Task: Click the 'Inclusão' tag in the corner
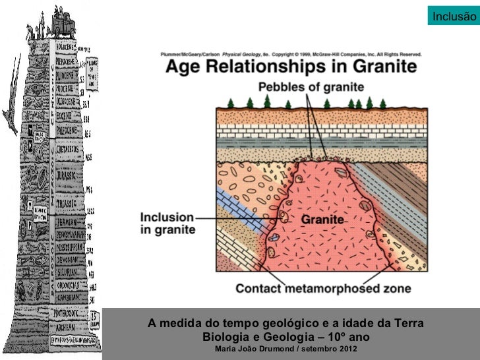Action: (452, 16)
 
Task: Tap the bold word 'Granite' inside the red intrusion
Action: (322, 218)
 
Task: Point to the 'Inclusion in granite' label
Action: (167, 223)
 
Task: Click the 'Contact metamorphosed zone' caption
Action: (323, 288)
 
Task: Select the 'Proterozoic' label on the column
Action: (66, 315)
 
